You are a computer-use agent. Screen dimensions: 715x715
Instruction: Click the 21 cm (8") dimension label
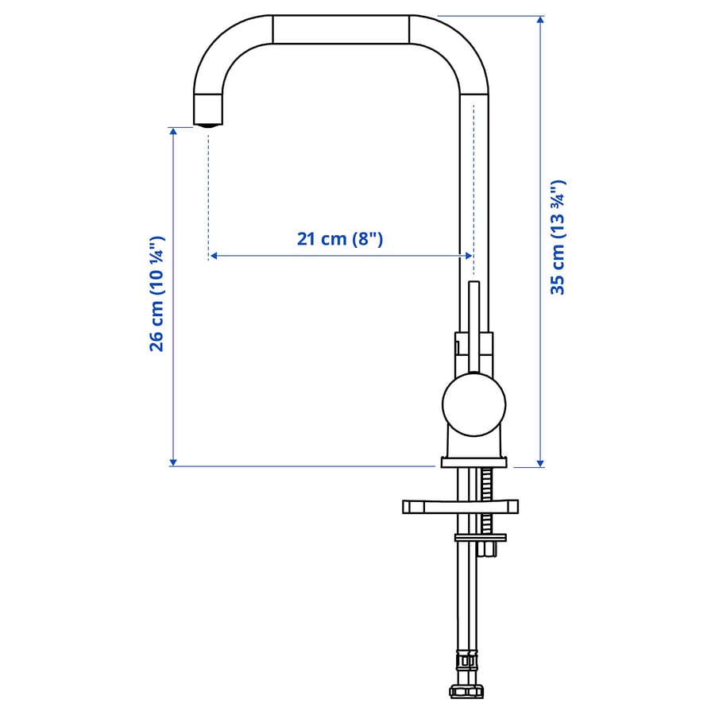tap(340, 238)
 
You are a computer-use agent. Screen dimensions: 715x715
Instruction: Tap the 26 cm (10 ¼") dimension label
tap(157, 294)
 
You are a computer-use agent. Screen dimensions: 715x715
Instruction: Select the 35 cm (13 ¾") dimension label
tap(558, 237)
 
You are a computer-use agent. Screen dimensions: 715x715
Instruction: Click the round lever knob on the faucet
tap(473, 404)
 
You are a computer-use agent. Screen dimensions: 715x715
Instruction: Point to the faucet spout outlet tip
tap(208, 125)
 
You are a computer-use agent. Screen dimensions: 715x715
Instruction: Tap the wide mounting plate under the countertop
tap(460, 507)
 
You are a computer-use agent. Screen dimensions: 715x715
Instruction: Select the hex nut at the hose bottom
tap(466, 691)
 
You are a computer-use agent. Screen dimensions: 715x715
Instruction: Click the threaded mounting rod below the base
tap(487, 501)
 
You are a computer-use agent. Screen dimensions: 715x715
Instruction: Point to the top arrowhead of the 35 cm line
tap(540, 20)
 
